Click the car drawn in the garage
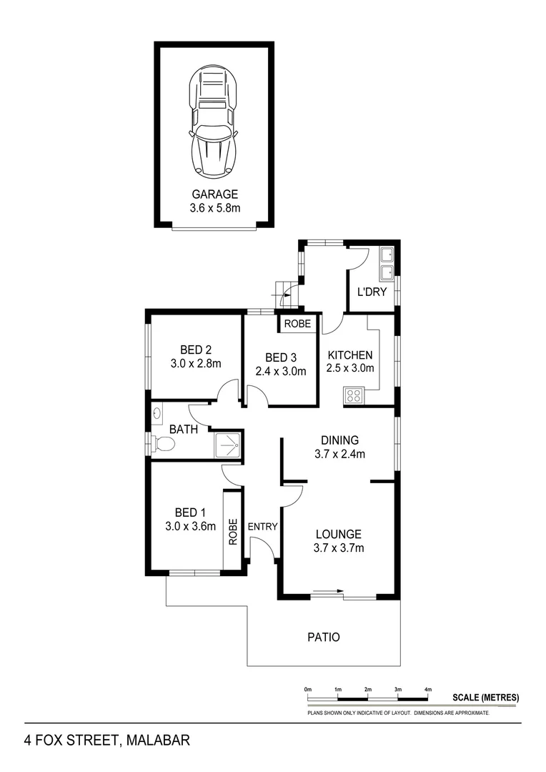coord(214,122)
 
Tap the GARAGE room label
coord(214,194)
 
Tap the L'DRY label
coord(371,292)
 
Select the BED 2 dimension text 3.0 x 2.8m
coord(195,364)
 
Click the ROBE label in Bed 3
coord(297,324)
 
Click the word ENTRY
coord(262,527)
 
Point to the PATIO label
coord(323,637)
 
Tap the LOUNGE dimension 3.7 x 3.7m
coord(338,548)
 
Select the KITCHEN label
coord(349,355)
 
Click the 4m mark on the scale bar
coord(428,690)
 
